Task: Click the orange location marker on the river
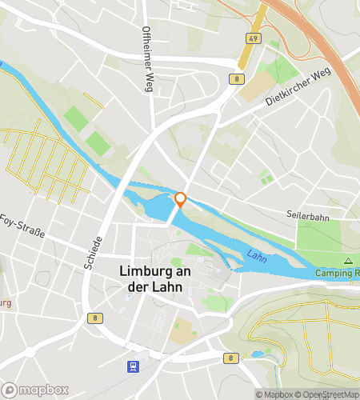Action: [181, 200]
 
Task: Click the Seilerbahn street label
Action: [308, 215]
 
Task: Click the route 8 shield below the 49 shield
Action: [237, 78]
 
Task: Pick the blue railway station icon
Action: [130, 366]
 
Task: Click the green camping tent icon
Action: [348, 262]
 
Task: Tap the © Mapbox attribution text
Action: [273, 394]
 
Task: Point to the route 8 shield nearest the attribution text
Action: [230, 358]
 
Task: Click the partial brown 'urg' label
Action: [5, 303]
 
